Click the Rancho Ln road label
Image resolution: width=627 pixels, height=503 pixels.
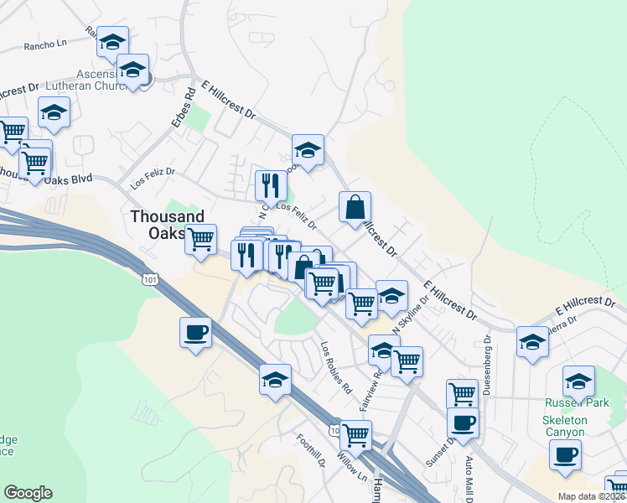pyautogui.click(x=45, y=44)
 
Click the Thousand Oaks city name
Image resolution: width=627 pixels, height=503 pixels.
pyautogui.click(x=168, y=225)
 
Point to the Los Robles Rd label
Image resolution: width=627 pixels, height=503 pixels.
pyautogui.click(x=335, y=366)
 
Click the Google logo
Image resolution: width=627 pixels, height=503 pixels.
pyautogui.click(x=27, y=493)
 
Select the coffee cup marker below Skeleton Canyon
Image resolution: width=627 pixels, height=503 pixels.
pyautogui.click(x=565, y=455)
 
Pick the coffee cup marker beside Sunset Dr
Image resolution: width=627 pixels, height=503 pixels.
pyautogui.click(x=463, y=423)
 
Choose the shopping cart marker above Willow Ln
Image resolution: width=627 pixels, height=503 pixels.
pyautogui.click(x=356, y=435)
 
